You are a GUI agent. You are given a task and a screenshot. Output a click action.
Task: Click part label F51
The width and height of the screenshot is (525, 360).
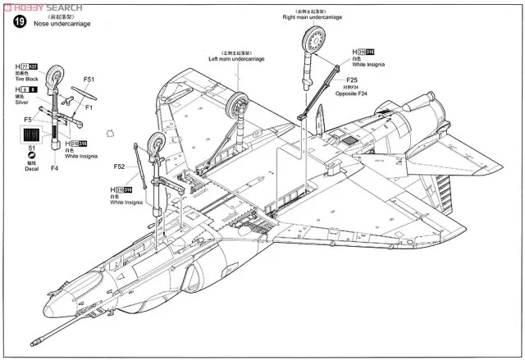[89, 80]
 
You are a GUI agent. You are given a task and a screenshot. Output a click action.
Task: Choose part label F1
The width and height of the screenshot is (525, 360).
[89, 106]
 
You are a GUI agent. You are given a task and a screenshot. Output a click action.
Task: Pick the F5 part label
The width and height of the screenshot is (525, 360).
[27, 119]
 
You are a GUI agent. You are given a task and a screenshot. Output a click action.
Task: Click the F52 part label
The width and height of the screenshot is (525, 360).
[120, 166]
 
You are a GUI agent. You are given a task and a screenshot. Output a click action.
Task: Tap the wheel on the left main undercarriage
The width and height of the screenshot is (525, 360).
[240, 106]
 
